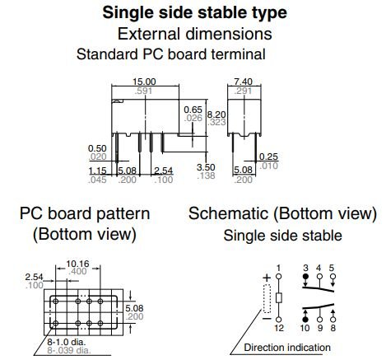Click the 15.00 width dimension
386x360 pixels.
click(x=144, y=82)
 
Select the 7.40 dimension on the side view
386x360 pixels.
click(x=244, y=82)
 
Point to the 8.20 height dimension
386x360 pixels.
click(x=216, y=115)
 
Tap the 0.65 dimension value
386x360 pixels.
click(x=193, y=110)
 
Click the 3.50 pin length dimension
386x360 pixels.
click(x=206, y=167)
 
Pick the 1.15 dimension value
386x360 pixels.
click(x=97, y=171)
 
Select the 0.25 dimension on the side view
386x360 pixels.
click(x=268, y=157)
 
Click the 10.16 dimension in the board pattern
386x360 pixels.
click(x=77, y=264)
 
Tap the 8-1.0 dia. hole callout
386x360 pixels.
click(x=67, y=342)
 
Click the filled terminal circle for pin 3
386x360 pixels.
click(x=305, y=276)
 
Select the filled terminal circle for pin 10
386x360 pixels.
click(x=305, y=320)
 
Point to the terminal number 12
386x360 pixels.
click(x=279, y=328)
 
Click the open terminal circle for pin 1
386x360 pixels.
click(x=279, y=276)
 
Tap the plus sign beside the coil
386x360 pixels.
click(x=267, y=278)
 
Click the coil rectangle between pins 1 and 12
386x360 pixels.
click(x=279, y=298)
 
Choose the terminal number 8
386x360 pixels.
click(x=333, y=328)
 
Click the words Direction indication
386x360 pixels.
click(x=287, y=348)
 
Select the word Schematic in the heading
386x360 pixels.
click(x=229, y=213)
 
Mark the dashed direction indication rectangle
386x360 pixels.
click(x=267, y=299)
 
